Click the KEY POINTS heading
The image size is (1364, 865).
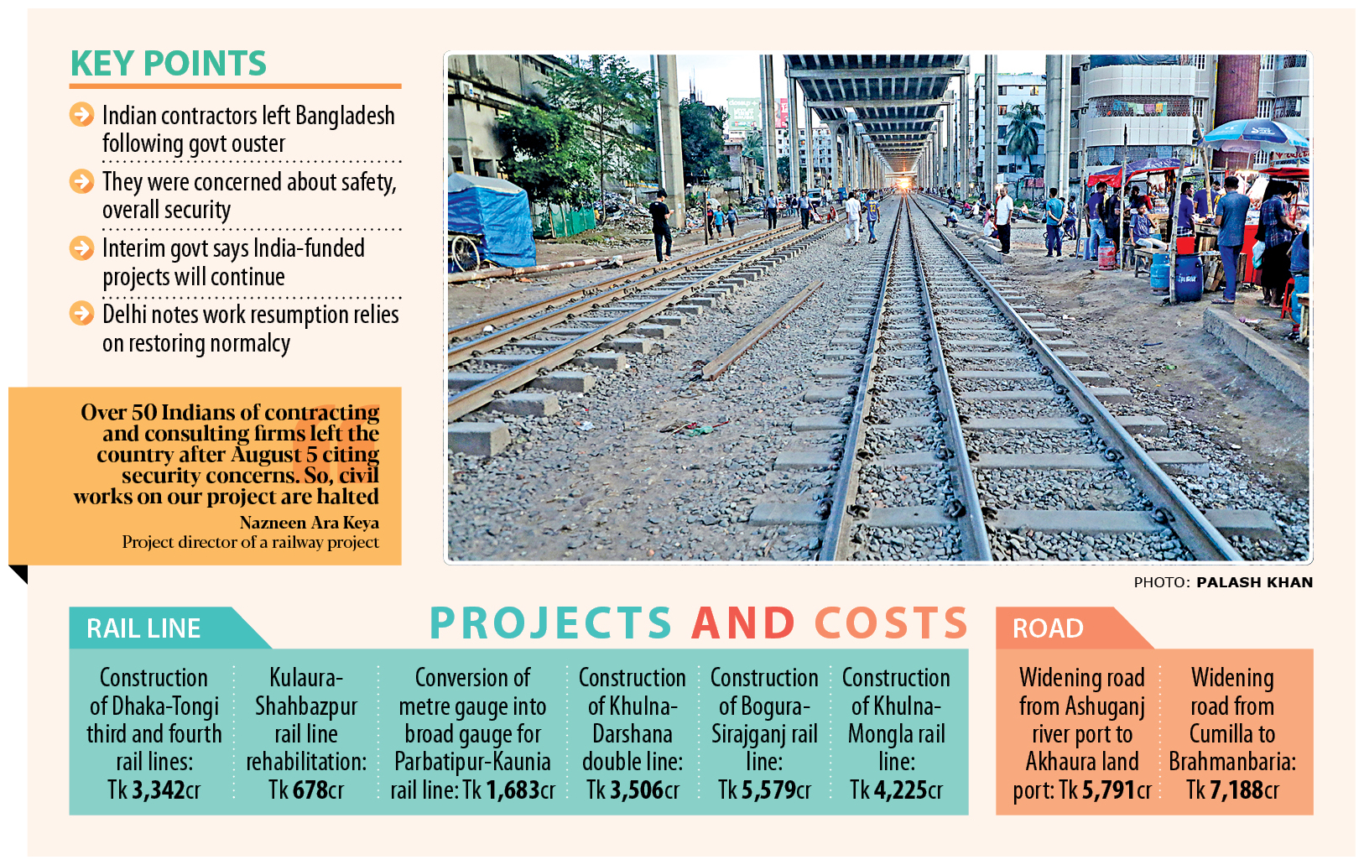point(168,64)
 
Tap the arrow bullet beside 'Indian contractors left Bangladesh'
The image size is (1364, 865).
point(81,114)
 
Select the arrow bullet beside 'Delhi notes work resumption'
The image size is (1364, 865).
point(81,314)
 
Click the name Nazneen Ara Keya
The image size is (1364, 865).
point(309,523)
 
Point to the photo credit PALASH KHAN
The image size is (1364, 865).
point(1254,582)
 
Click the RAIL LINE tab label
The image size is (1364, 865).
point(143,628)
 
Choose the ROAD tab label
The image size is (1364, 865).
point(1048,628)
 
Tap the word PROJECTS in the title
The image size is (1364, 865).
point(551,623)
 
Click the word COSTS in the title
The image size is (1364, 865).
point(891,623)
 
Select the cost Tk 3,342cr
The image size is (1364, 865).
point(154,790)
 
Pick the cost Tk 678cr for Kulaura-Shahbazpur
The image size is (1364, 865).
point(306,790)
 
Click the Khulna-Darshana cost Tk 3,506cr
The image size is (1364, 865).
point(633,790)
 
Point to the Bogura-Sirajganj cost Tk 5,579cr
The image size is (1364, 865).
point(764,790)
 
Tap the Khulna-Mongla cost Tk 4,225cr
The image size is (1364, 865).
point(896,790)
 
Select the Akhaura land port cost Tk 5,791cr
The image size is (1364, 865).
point(1105,790)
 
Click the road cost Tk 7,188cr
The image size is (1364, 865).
point(1232,790)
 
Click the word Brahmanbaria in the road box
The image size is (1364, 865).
point(1231,762)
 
